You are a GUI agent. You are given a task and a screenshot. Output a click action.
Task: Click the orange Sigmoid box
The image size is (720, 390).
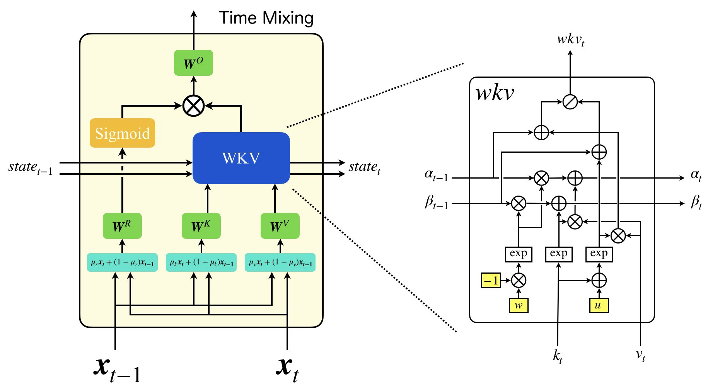pos(122,133)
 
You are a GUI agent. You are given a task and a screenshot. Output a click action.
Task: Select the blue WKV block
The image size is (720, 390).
pos(241,158)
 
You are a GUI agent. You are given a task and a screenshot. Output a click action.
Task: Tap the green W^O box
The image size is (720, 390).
pos(193,63)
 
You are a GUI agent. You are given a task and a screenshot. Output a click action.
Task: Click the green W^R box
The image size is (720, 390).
pos(122,226)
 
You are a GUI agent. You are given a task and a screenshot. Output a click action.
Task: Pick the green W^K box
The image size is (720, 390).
pos(201,226)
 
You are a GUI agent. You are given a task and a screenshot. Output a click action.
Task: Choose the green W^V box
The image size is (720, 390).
pos(280,226)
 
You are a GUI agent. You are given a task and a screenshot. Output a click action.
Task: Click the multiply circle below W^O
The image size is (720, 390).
pos(193,106)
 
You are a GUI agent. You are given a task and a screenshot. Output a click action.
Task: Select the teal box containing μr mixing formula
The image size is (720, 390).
pos(122,263)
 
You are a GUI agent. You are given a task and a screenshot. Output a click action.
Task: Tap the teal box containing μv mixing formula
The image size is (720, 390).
pos(280,263)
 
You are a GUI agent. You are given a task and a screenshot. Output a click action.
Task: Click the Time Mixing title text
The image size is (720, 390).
pos(266,18)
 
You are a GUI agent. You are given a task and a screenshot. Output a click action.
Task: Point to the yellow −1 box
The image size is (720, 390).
pos(491,280)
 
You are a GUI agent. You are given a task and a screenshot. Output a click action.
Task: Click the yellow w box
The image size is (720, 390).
pos(519,305)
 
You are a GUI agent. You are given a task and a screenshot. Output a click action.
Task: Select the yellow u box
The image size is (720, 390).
pos(599,305)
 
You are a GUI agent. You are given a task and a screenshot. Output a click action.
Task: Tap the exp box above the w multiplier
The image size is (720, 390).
pos(519,254)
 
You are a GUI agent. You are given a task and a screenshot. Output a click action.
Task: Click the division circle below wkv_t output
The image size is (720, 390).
pos(570,102)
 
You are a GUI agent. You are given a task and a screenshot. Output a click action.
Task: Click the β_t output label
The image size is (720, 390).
pos(696,202)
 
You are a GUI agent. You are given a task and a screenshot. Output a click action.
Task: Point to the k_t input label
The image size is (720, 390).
pos(557,356)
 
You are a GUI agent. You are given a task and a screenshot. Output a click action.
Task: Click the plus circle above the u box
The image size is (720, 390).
pos(599,280)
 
